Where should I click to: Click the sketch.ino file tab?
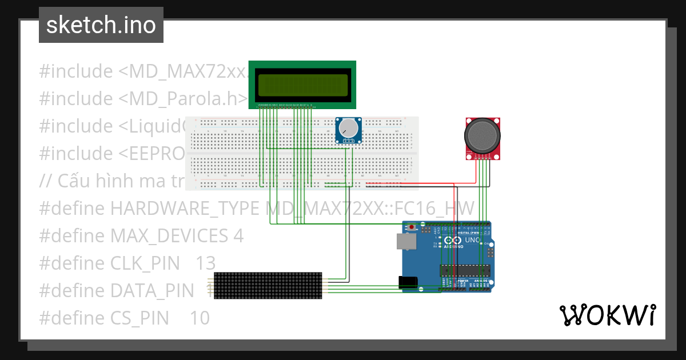coord(101,25)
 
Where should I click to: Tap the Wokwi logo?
coord(607,315)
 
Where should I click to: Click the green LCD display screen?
coord(302,85)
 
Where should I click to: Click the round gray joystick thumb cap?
coord(483,135)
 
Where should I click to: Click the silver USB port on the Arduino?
coord(405,241)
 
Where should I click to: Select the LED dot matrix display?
coord(268,285)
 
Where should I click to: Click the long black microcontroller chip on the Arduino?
coord(464,270)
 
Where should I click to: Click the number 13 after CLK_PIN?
coord(205,263)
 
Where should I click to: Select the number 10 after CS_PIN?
coord(200,318)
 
